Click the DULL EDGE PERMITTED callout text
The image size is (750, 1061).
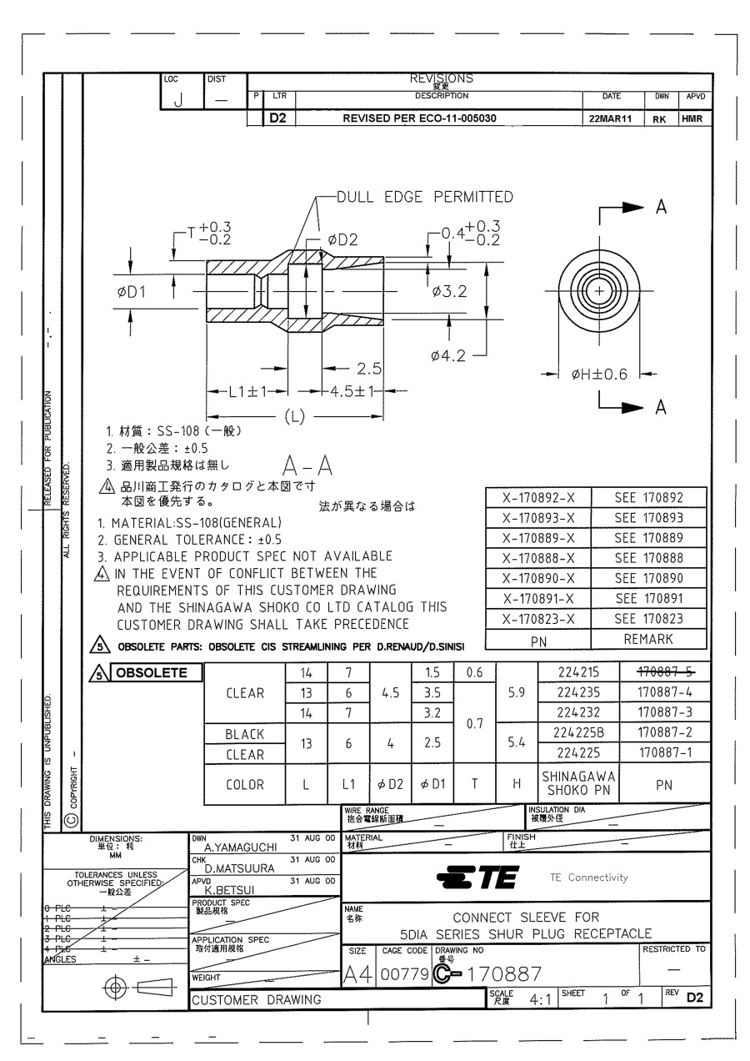(x=424, y=197)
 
